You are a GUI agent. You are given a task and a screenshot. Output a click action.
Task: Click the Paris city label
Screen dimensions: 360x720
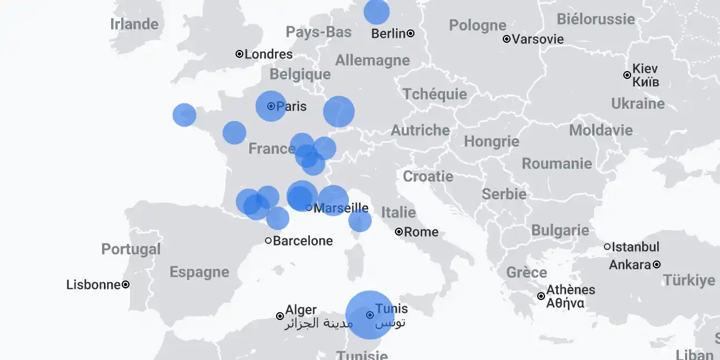tap(291, 106)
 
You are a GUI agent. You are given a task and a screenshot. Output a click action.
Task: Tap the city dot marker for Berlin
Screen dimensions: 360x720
tap(411, 33)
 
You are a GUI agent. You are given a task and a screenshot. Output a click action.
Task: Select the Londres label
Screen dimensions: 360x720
tap(268, 54)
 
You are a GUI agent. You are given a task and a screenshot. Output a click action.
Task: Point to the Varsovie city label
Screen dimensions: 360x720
tap(538, 39)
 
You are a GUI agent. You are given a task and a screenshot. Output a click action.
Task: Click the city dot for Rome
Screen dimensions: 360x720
tap(399, 232)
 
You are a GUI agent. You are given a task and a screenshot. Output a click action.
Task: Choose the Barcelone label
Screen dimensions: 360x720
tap(303, 241)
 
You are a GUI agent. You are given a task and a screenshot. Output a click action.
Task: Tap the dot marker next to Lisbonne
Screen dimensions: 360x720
tap(126, 284)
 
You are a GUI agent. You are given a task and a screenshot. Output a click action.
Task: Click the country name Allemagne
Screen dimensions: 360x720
tap(372, 61)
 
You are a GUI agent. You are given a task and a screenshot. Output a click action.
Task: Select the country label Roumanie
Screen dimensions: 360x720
tap(557, 164)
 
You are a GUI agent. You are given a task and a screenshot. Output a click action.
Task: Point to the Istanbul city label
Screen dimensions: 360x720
tap(636, 247)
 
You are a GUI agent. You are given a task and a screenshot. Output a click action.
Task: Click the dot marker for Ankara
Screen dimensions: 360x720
tap(657, 264)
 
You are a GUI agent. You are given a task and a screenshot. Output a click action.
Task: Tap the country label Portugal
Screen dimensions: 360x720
tap(131, 249)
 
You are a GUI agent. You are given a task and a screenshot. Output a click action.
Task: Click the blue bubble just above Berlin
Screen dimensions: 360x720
tap(377, 12)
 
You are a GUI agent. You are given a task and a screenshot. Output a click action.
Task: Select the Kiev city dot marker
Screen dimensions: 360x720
tap(627, 75)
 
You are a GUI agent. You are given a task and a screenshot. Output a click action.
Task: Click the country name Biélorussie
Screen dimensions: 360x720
tap(596, 19)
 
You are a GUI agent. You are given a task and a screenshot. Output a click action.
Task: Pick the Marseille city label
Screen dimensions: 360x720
tap(341, 208)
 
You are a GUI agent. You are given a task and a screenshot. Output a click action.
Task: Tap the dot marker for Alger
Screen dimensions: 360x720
tap(280, 316)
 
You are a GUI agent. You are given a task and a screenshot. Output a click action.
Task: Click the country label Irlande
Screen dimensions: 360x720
tap(134, 24)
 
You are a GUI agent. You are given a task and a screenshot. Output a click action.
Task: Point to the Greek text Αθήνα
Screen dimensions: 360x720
tap(565, 303)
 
